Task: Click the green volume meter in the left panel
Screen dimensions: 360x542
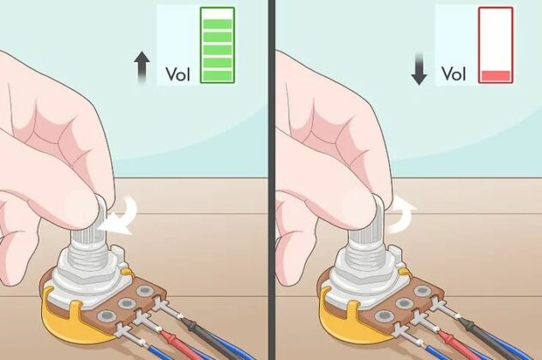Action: pos(217,45)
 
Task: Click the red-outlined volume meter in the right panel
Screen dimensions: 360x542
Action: pos(496,45)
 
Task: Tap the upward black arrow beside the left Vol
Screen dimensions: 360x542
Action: pos(143,68)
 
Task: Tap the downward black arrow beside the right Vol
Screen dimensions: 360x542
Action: pos(419,68)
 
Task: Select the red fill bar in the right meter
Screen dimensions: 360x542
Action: pos(496,75)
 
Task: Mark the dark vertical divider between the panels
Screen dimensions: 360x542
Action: pos(271,180)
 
